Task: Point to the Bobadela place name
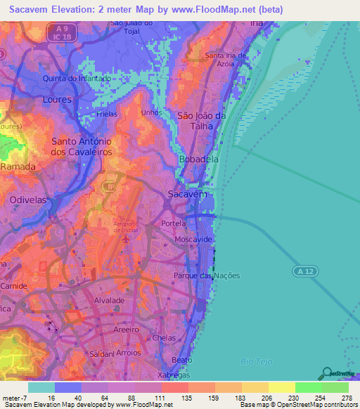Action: point(199,160)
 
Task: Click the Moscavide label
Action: point(193,240)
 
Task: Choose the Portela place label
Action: point(174,223)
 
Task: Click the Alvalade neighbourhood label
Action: point(109,299)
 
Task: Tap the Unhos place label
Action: point(151,112)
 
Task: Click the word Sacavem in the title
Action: point(30,8)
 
